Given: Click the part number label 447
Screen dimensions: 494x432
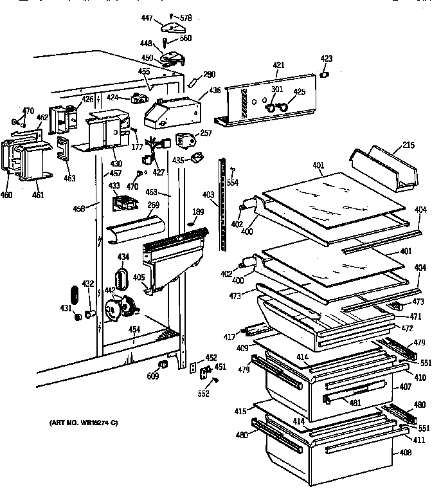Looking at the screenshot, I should pyautogui.click(x=147, y=19).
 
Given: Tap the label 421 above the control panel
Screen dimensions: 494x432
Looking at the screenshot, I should pyautogui.click(x=278, y=66).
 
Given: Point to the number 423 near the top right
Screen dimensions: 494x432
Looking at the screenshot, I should pyautogui.click(x=327, y=59).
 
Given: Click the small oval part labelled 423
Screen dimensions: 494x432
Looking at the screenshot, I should pyautogui.click(x=325, y=74).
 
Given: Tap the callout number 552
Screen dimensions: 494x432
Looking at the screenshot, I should pyautogui.click(x=204, y=394).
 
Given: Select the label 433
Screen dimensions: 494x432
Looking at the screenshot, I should pyautogui.click(x=114, y=186).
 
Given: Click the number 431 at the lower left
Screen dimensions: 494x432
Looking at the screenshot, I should pyautogui.click(x=66, y=309).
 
